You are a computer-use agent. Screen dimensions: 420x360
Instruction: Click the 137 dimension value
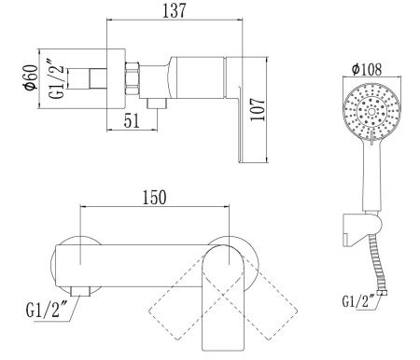(175, 10)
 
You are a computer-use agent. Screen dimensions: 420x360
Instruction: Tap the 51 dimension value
(132, 120)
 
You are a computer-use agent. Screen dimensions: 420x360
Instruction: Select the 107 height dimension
(258, 109)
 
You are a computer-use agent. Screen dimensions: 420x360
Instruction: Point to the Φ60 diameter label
(31, 77)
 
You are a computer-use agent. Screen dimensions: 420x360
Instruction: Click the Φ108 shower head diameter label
(367, 69)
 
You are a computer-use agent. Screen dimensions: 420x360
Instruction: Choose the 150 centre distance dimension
(154, 198)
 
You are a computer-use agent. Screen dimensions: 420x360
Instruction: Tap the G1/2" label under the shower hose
(358, 300)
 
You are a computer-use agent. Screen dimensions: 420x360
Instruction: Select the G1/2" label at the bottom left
(43, 310)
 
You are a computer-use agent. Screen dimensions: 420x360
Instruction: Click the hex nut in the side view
(132, 78)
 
